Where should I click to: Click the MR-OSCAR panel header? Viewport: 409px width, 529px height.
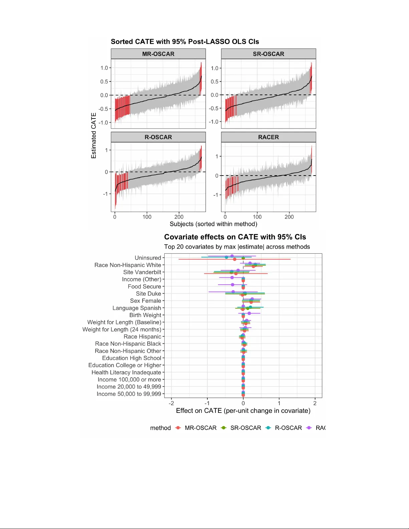(x=158, y=54)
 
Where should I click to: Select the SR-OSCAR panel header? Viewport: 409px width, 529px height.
(x=268, y=54)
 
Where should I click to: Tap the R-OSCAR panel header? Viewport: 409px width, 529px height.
(x=158, y=137)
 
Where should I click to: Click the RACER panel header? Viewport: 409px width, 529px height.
(x=268, y=137)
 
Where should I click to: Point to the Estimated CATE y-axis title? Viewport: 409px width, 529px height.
(x=94, y=136)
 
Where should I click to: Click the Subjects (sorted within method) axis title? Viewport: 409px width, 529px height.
(x=213, y=224)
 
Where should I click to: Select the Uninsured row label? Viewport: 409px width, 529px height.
(x=148, y=258)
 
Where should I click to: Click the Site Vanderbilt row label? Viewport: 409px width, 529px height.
(x=142, y=272)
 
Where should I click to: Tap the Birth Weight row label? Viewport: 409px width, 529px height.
(x=145, y=315)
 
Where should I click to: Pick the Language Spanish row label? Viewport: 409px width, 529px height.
(x=137, y=308)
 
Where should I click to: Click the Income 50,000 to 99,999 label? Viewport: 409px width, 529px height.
(x=129, y=394)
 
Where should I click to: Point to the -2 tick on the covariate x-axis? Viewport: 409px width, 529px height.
(x=171, y=403)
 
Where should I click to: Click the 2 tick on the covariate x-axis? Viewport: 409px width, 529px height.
(x=315, y=403)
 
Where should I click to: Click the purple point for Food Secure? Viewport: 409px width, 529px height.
(x=233, y=285)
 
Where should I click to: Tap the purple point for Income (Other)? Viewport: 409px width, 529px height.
(x=232, y=277)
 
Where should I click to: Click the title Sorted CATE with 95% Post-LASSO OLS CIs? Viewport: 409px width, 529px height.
(x=185, y=42)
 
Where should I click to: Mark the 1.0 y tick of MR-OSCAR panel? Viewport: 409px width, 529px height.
(x=104, y=68)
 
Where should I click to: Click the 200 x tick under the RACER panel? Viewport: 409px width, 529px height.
(x=289, y=217)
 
